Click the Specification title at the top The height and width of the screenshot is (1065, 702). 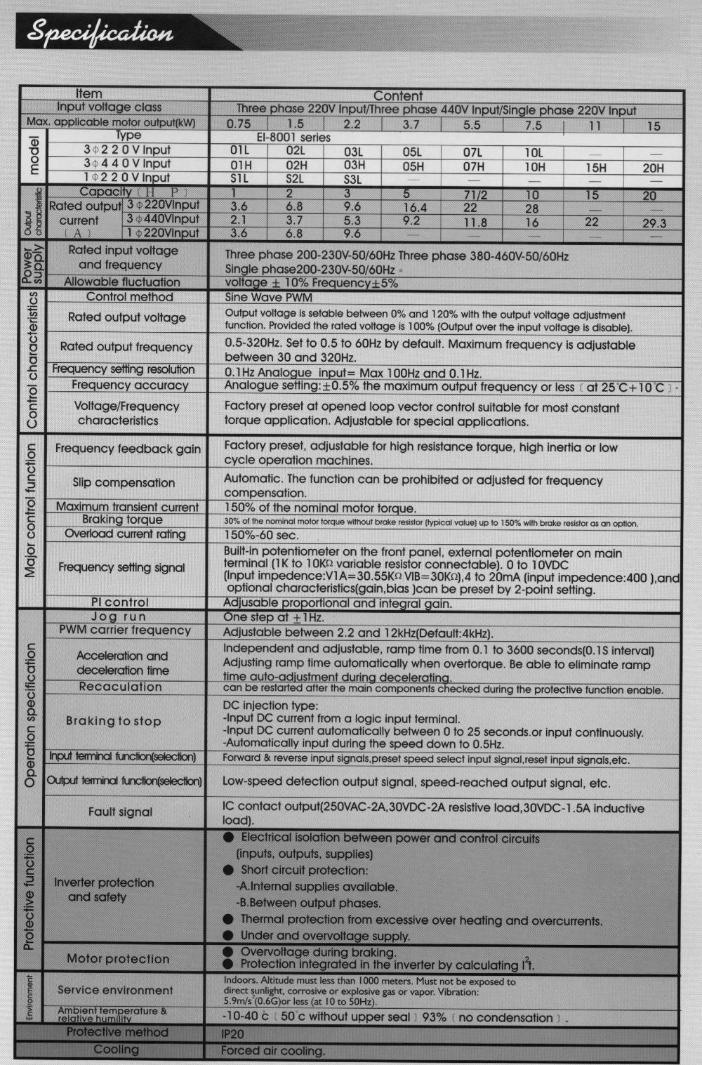[x=100, y=33]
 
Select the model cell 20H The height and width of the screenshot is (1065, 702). [x=653, y=168]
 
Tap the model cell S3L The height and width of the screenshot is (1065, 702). [x=353, y=179]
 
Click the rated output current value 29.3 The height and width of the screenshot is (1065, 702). [x=654, y=223]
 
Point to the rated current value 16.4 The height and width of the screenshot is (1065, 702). [x=414, y=207]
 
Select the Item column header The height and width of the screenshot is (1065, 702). [x=88, y=93]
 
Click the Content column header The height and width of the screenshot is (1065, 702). [x=397, y=95]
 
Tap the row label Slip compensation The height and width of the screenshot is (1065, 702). [x=124, y=482]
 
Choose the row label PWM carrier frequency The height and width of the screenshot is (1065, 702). [x=125, y=630]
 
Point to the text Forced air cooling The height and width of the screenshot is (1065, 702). [x=273, y=1051]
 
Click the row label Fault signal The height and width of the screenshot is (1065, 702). [x=120, y=812]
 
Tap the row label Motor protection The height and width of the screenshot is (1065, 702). [x=118, y=958]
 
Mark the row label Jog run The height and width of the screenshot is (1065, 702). [x=119, y=616]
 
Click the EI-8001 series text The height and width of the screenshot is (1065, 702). [x=293, y=138]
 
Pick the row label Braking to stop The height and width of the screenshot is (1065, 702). [x=114, y=721]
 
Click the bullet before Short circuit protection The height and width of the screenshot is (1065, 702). [x=228, y=870]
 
